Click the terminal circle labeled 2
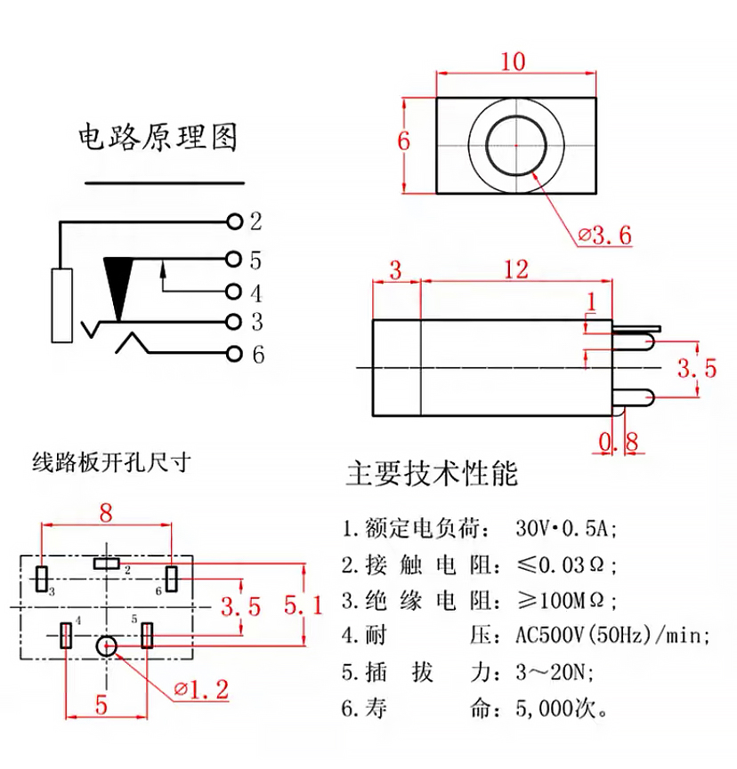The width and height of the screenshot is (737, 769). point(234,220)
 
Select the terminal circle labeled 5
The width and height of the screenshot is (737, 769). point(234,260)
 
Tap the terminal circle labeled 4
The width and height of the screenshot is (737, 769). point(234,292)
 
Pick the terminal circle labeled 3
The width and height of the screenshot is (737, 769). point(234,321)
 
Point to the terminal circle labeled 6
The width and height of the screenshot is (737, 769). point(234,354)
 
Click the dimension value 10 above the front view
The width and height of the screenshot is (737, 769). point(513,61)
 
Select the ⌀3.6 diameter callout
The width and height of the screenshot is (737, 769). point(605,236)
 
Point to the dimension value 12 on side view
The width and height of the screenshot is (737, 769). point(515,269)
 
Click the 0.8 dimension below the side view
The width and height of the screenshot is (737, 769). point(619,441)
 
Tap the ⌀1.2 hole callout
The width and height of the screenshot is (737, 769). point(202,689)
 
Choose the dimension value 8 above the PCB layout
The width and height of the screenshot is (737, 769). point(106,513)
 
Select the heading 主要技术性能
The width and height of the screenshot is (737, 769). point(432,473)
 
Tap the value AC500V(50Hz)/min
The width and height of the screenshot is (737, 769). point(613,636)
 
